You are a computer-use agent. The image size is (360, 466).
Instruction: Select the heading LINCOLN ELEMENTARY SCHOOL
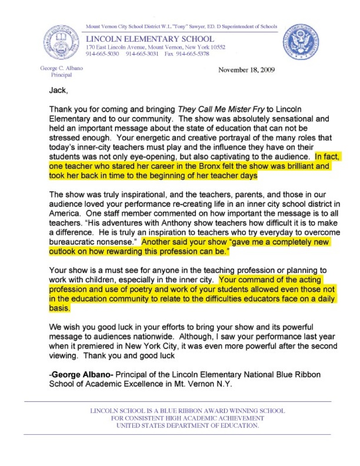[150, 39]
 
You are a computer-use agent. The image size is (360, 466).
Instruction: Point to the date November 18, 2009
[246, 70]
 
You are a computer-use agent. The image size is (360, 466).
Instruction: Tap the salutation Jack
[58, 90]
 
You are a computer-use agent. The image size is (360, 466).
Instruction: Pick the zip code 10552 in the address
[216, 47]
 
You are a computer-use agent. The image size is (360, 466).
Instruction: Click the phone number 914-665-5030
[102, 54]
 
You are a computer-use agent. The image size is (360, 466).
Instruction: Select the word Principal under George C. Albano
[61, 75]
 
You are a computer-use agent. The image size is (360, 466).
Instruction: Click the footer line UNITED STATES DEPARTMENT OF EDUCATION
[188, 426]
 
